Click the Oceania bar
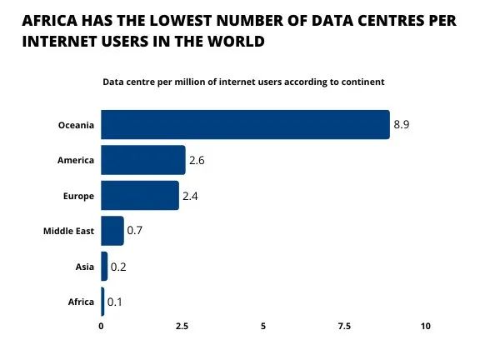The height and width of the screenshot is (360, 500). [x=245, y=124]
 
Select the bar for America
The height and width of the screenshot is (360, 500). [x=143, y=159]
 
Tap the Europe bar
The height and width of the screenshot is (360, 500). [x=140, y=195]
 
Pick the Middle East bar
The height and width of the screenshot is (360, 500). [x=112, y=231]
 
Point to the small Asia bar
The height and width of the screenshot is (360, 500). [x=104, y=266]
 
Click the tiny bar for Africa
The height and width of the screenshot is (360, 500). [x=102, y=302]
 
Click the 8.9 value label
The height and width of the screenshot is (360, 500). [x=402, y=124]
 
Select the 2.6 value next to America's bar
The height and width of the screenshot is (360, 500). [x=197, y=160]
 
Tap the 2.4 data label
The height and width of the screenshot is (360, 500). [x=190, y=196]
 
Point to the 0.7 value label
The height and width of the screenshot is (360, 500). [x=135, y=231]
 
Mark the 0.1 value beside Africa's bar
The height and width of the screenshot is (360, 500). [x=115, y=302]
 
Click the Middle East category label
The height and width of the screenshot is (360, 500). [x=68, y=231]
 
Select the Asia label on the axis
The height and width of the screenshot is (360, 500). [x=84, y=266]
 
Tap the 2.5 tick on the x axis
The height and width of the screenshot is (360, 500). [x=182, y=326]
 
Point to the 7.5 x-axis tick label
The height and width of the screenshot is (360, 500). [x=344, y=326]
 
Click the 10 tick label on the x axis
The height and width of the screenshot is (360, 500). [x=425, y=326]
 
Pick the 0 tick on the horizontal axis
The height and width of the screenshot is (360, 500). [x=102, y=326]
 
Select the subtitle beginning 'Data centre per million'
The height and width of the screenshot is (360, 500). [x=243, y=82]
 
